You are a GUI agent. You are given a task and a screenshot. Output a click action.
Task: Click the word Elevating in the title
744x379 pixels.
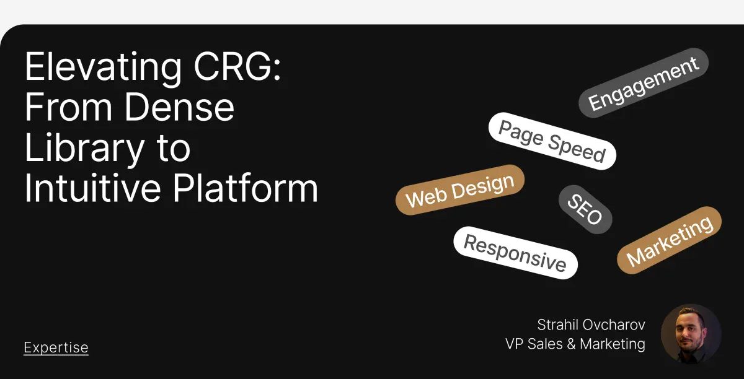[x=104, y=68]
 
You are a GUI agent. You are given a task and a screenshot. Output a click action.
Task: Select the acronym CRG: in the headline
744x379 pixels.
[x=237, y=66]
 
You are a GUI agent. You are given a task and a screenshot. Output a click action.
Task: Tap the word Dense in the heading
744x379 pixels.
[x=180, y=107]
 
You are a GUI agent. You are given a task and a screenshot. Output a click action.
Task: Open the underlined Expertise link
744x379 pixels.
[x=56, y=348]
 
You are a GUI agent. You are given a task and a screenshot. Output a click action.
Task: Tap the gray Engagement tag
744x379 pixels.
[x=644, y=82]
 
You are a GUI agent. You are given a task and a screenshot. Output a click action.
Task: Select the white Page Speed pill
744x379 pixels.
[x=552, y=141]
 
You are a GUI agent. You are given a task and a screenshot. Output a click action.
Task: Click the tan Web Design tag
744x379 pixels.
[x=460, y=190]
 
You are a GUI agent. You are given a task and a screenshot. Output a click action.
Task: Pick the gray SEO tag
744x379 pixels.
[x=585, y=209]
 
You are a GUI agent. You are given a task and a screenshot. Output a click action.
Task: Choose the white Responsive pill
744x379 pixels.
[x=515, y=253]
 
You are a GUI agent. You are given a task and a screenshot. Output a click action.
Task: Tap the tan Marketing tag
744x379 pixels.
[x=669, y=240]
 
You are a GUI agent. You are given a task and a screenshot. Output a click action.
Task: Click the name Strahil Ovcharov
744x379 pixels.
[x=591, y=325]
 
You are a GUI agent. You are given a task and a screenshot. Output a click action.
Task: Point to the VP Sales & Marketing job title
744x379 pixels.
[x=575, y=344]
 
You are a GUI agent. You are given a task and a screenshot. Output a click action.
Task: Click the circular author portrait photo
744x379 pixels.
[x=691, y=334]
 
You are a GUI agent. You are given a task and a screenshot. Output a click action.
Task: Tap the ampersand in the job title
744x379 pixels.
[x=571, y=344]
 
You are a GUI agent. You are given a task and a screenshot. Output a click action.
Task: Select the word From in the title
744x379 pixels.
[x=68, y=107]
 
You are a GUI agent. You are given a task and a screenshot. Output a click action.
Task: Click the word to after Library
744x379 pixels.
[x=174, y=148]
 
